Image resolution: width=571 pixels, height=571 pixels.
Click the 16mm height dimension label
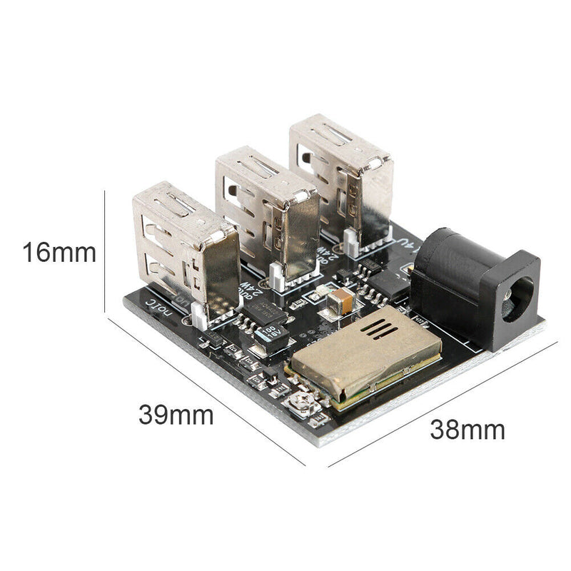(x=59, y=253)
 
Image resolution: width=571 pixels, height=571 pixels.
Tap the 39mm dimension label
(x=176, y=415)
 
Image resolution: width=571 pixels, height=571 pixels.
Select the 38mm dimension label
(x=468, y=430)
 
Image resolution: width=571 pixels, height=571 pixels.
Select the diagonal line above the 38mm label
(x=443, y=404)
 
